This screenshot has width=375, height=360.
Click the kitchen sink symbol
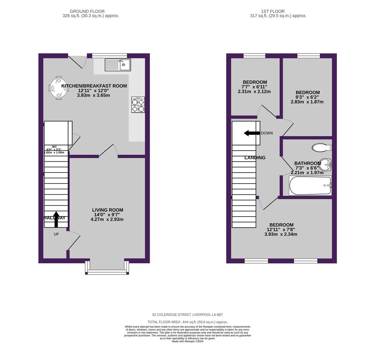tap(118, 65)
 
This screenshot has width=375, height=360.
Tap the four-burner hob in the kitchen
tap(138, 105)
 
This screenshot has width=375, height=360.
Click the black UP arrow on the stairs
tap(56, 219)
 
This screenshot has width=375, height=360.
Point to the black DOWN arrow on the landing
tap(252, 133)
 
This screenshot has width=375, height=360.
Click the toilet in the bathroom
tap(321, 147)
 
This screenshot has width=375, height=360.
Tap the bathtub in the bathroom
tap(310, 186)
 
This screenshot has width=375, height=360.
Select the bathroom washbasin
tap(325, 164)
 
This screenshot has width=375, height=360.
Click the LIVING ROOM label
tap(108, 210)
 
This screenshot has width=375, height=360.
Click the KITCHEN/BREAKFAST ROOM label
tap(94, 86)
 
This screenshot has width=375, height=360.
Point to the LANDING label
tap(255, 158)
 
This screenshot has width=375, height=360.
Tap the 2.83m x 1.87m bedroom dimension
tap(307, 102)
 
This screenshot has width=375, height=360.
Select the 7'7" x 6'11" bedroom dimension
tap(254, 87)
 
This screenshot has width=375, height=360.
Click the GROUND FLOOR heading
tap(87, 11)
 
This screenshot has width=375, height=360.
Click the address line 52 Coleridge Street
tap(187, 315)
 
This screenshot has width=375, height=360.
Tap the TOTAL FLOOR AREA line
tap(187, 322)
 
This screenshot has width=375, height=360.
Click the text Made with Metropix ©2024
tap(187, 341)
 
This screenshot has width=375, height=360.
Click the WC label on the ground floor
tap(54, 146)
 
